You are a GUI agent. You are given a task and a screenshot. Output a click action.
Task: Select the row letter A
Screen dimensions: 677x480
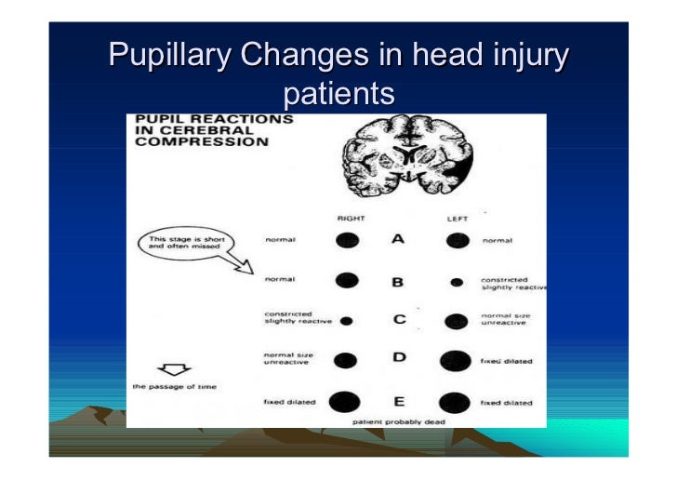click(398, 240)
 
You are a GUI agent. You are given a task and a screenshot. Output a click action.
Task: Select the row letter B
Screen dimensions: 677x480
click(399, 280)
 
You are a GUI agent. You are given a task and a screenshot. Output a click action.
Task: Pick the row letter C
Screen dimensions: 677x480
click(399, 320)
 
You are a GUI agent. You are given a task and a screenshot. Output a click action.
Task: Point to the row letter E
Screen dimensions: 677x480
click(398, 402)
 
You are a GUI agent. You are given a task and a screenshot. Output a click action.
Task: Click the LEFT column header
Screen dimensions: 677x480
click(457, 218)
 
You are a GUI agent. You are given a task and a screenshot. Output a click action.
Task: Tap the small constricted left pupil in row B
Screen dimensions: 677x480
click(457, 281)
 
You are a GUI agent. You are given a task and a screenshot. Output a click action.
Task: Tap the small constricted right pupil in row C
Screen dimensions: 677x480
click(347, 321)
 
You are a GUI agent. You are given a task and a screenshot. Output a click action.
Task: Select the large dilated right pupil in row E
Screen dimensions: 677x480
click(346, 402)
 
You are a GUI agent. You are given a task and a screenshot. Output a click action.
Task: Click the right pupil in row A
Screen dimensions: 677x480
click(347, 240)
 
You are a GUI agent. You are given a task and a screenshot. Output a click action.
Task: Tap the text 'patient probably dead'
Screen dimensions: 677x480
click(399, 421)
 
